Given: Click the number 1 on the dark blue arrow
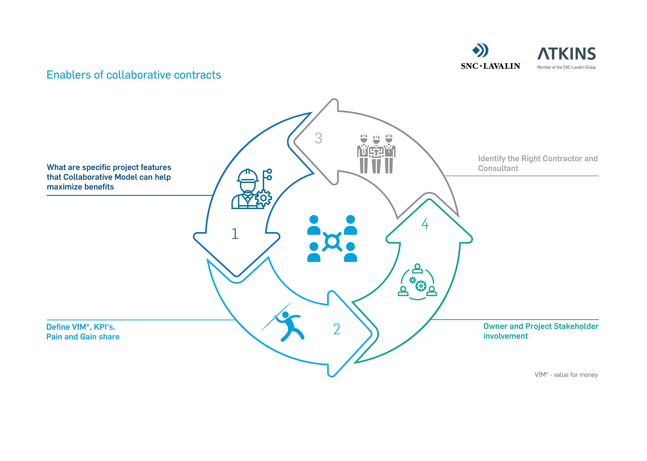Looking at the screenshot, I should [x=235, y=234].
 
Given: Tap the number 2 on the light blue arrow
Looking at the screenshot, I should [x=337, y=329].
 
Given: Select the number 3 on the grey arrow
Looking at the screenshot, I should [x=319, y=138].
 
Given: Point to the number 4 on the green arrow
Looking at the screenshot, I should [x=425, y=224].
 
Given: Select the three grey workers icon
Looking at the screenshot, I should [x=376, y=154].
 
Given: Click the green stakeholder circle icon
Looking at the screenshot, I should [x=417, y=282].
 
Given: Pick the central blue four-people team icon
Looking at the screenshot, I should [x=332, y=238].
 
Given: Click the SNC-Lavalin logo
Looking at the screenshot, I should [x=490, y=57].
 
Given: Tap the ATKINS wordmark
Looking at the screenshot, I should [x=566, y=54].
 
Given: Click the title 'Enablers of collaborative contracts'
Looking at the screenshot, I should [x=134, y=75].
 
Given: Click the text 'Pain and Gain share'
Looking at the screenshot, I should [x=83, y=337].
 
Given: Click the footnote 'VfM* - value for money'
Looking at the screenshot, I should [x=566, y=375].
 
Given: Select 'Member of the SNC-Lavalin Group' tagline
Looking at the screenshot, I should [x=566, y=67].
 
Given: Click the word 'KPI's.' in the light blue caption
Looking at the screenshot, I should [x=104, y=327].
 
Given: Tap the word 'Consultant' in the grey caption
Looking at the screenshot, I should [x=498, y=168].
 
